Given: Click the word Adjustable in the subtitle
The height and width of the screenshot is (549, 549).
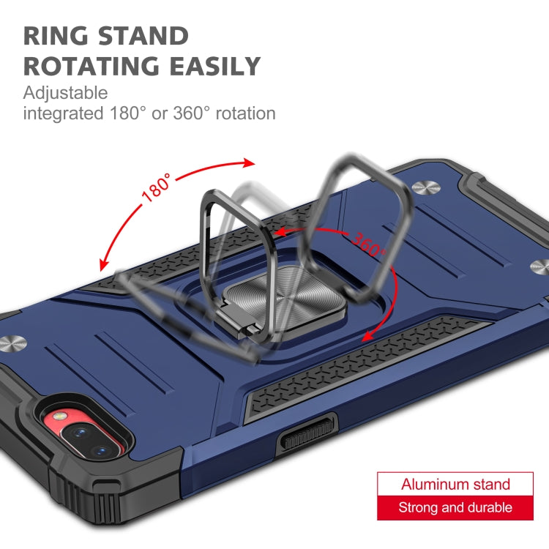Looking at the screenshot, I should pyautogui.click(x=65, y=93).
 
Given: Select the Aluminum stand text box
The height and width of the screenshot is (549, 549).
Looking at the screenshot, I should pyautogui.click(x=455, y=484).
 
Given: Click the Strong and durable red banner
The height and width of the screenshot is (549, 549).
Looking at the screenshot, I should pyautogui.click(x=455, y=507).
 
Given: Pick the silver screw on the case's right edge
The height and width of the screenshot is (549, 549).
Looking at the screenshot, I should pyautogui.click(x=538, y=267).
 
